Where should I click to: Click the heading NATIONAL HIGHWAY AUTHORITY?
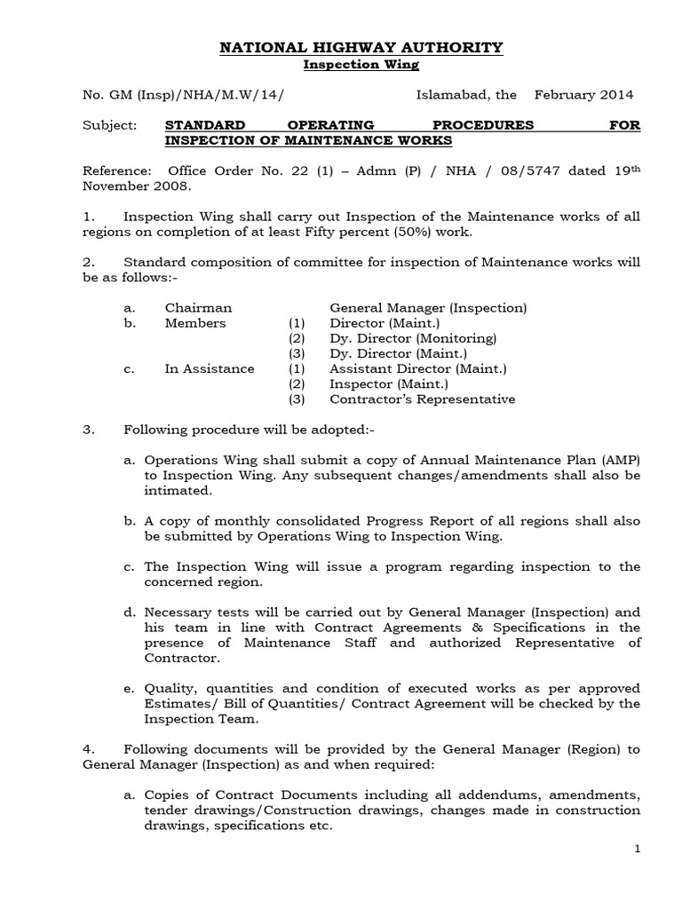[361, 47]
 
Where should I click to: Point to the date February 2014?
[583, 95]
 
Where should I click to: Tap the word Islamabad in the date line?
[453, 95]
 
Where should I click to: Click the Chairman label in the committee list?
[198, 308]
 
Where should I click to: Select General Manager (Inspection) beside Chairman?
[428, 308]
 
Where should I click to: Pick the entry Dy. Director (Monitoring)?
[413, 338]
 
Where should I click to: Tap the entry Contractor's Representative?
[422, 399]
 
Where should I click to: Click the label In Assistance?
[210, 368]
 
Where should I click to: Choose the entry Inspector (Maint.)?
[389, 384]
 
